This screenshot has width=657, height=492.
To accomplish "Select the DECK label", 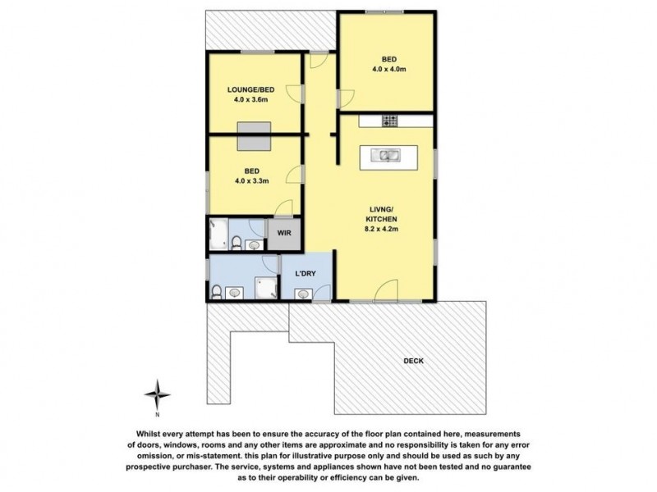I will [x=416, y=360].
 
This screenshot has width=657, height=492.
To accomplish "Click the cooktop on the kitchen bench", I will [x=390, y=121].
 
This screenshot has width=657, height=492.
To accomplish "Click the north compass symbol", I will [x=158, y=394].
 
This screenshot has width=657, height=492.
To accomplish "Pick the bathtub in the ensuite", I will [x=218, y=235].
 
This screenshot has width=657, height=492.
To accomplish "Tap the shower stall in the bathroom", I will [x=265, y=286].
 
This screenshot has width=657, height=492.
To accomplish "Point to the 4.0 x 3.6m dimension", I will [x=252, y=100].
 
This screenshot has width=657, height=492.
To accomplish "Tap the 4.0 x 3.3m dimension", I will [x=252, y=180].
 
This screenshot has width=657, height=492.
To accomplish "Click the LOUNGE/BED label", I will [x=252, y=89].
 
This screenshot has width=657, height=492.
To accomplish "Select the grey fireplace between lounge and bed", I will [x=255, y=136].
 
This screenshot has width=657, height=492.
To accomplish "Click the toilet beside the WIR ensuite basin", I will [x=237, y=242].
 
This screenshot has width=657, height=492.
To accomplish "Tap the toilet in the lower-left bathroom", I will [x=217, y=291].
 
